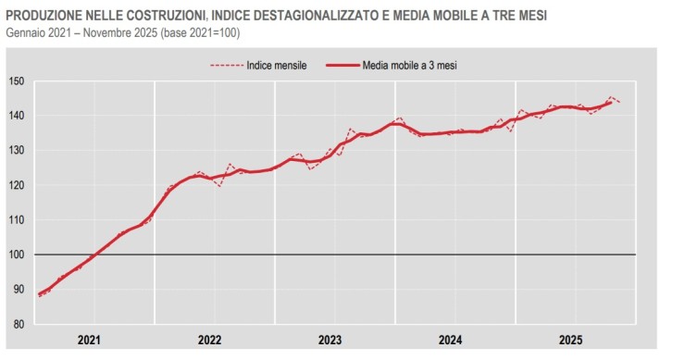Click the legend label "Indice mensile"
pos(277,66)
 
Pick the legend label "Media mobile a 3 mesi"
pos(410,66)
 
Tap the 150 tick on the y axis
pos(16,81)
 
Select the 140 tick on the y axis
pos(16,116)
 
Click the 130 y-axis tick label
pos(16,151)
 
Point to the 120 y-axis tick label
pos(16,185)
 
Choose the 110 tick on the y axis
pos(16,220)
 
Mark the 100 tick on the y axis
pos(16,254)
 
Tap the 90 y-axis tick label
pos(18,290)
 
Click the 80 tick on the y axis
pos(18,324)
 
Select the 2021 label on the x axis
pos(90,340)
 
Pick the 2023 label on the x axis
pos(330,340)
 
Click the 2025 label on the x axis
pos(571,340)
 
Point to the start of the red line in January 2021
pos(40,295)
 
